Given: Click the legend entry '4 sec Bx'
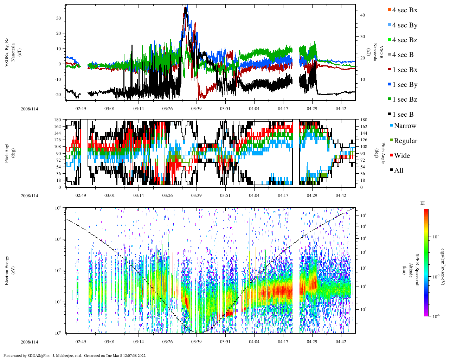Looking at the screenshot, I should click(405, 10).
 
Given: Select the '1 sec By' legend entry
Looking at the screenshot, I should click(405, 85).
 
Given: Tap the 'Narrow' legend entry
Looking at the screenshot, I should click(405, 126).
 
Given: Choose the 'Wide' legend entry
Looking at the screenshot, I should click(401, 156).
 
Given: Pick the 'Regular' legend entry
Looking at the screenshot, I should click(405, 141).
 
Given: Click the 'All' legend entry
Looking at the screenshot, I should click(398, 171).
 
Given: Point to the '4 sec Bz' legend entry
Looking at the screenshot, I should click(405, 40).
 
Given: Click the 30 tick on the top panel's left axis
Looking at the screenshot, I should click(58, 18).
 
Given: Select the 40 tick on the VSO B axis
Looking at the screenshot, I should click(362, 15).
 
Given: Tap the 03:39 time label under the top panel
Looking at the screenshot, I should click(196, 109).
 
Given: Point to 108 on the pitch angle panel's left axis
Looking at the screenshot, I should click(58, 147).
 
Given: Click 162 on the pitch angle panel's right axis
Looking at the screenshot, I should click(364, 127).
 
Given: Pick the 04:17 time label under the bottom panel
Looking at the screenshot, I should click(283, 342).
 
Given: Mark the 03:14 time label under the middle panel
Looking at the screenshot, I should click(139, 195).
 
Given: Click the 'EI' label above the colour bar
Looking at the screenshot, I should click(423, 203).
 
